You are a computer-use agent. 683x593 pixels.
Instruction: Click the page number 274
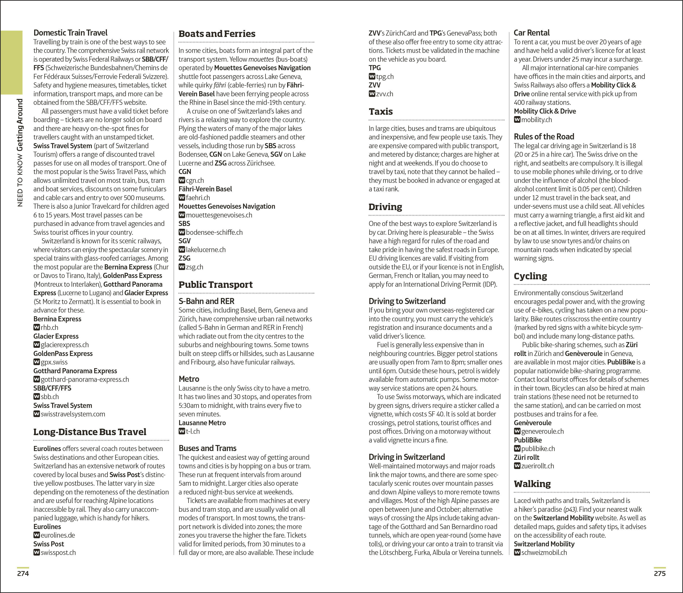tap(23, 573)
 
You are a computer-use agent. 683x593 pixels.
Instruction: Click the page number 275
tap(659, 573)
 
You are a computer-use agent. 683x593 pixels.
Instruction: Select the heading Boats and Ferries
tap(217, 34)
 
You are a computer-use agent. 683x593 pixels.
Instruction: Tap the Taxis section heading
tap(381, 111)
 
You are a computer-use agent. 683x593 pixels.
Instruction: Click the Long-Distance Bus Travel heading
tap(90, 432)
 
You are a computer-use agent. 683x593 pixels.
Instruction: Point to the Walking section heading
tap(532, 484)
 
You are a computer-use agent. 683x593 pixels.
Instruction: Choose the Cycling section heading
tap(530, 276)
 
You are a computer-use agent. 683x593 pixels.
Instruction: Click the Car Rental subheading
tap(531, 33)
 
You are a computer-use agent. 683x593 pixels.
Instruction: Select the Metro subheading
tap(189, 379)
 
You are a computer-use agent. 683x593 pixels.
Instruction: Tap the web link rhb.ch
tap(49, 328)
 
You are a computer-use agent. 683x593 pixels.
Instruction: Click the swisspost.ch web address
tap(58, 553)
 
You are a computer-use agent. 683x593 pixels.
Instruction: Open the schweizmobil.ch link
tap(544, 553)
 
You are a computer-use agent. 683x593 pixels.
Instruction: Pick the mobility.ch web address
tap(536, 120)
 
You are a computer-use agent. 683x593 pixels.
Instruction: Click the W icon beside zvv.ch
tap(372, 94)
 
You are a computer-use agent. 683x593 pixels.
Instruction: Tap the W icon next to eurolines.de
tap(36, 535)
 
